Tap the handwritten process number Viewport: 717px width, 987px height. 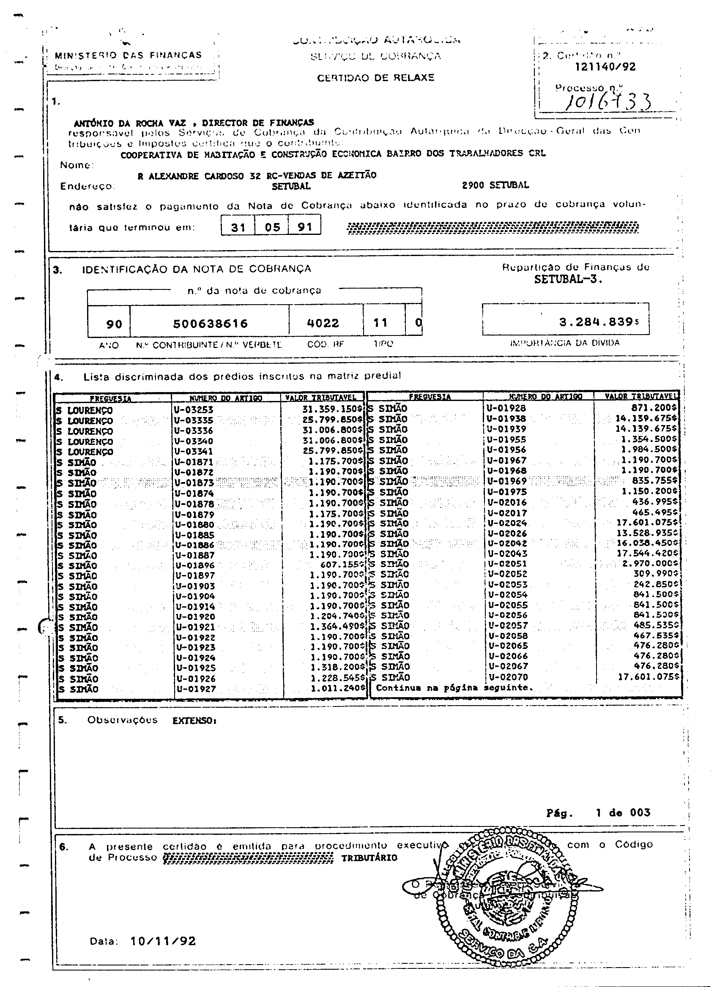pyautogui.click(x=608, y=102)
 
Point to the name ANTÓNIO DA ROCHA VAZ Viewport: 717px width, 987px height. pyautogui.click(x=129, y=123)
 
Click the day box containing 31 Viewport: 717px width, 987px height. pyautogui.click(x=238, y=227)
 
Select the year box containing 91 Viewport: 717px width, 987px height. pyautogui.click(x=304, y=227)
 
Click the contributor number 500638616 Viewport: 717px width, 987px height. pyautogui.click(x=210, y=324)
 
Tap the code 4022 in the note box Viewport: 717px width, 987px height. pyautogui.click(x=323, y=323)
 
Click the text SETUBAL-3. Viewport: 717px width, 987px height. pyautogui.click(x=568, y=280)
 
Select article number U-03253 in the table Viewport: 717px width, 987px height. pyautogui.click(x=193, y=409)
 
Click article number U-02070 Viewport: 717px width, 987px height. pyautogui.click(x=508, y=677)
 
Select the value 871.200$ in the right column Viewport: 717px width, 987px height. pyautogui.click(x=654, y=408)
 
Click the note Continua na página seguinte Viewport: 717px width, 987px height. pyautogui.click(x=454, y=688)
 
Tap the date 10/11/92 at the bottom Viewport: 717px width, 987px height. pyautogui.click(x=163, y=941)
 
